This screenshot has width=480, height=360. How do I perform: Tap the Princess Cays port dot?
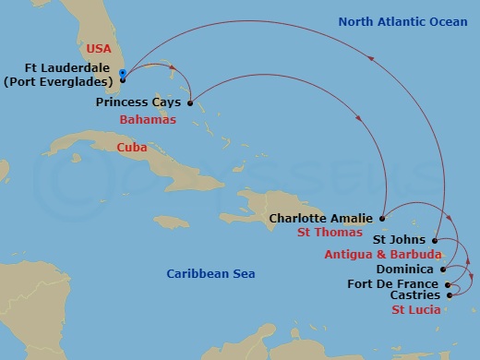pyautogui.click(x=189, y=103)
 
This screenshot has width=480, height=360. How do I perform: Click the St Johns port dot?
pyautogui.click(x=434, y=240)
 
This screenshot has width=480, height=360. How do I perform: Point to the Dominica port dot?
pyautogui.click(x=443, y=269)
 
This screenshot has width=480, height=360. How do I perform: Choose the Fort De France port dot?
pyautogui.click(x=447, y=283)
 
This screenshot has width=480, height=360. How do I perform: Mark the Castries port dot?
pyautogui.click(x=449, y=295)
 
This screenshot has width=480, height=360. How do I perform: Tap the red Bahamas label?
pyautogui.click(x=148, y=120)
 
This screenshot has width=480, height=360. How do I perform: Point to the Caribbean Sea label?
pyautogui.click(x=210, y=274)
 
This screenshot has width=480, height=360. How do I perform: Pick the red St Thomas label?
pyautogui.click(x=328, y=234)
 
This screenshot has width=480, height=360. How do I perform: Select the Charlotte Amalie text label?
pyautogui.click(x=322, y=219)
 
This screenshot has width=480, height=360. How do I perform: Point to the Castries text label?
pyautogui.click(x=414, y=296)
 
